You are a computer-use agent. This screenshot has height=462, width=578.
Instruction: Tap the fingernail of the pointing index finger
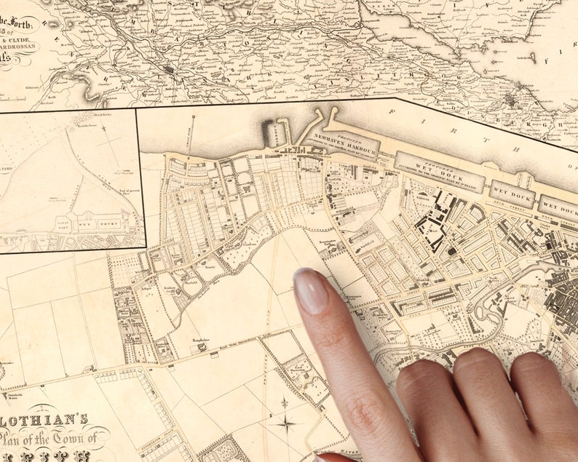click(310, 290)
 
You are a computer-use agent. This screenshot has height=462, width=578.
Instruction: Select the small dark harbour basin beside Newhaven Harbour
click(279, 134)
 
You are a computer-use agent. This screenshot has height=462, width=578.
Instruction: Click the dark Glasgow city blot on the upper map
click(170, 71)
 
